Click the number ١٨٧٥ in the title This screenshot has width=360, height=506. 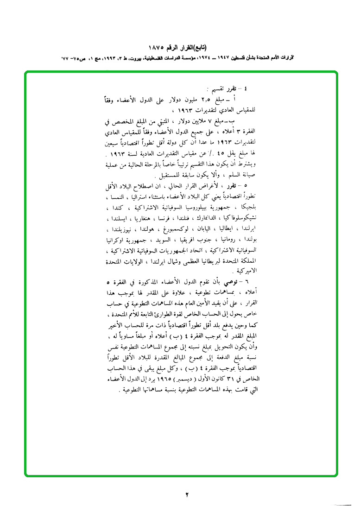tap(157, 48)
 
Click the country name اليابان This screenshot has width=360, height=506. tap(197, 229)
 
